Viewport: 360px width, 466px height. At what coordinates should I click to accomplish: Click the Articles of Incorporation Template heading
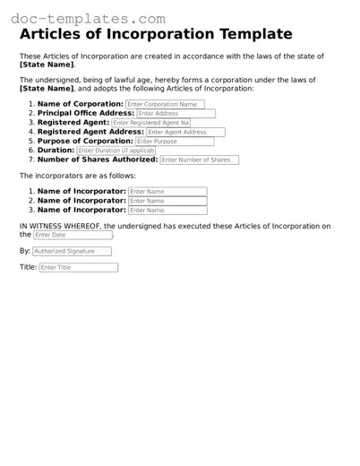tap(156, 35)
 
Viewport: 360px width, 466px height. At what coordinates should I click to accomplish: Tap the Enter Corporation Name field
tap(165, 104)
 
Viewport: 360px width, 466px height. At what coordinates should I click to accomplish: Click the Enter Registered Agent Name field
tap(151, 123)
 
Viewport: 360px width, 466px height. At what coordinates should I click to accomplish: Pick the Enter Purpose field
tap(175, 142)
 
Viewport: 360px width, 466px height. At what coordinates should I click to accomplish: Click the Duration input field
tap(116, 151)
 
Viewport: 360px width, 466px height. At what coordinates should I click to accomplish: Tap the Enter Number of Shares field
tap(200, 160)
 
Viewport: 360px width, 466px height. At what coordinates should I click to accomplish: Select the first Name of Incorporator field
tap(167, 192)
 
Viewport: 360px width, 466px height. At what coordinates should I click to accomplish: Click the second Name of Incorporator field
tap(167, 201)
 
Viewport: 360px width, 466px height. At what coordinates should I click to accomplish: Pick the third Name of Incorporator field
tap(167, 211)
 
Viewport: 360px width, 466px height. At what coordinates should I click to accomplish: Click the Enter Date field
tap(73, 235)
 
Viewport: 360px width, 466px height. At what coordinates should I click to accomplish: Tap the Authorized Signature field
tap(73, 252)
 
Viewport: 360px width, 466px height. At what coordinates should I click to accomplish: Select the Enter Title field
tap(78, 268)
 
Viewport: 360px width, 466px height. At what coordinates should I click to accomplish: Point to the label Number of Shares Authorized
tap(98, 160)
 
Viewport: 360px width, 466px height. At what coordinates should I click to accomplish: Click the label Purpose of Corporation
tap(85, 141)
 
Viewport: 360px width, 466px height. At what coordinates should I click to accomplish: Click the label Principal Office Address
tap(86, 113)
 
